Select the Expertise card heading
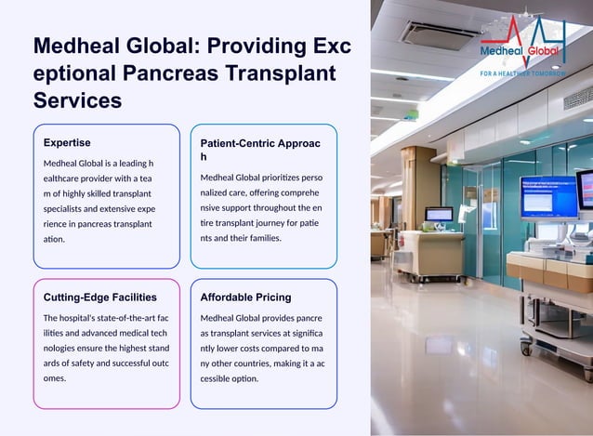click(67, 143)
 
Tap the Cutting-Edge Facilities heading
click(100, 297)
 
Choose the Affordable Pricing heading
click(246, 297)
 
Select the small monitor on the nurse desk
click(439, 214)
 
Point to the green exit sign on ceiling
click(411, 114)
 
